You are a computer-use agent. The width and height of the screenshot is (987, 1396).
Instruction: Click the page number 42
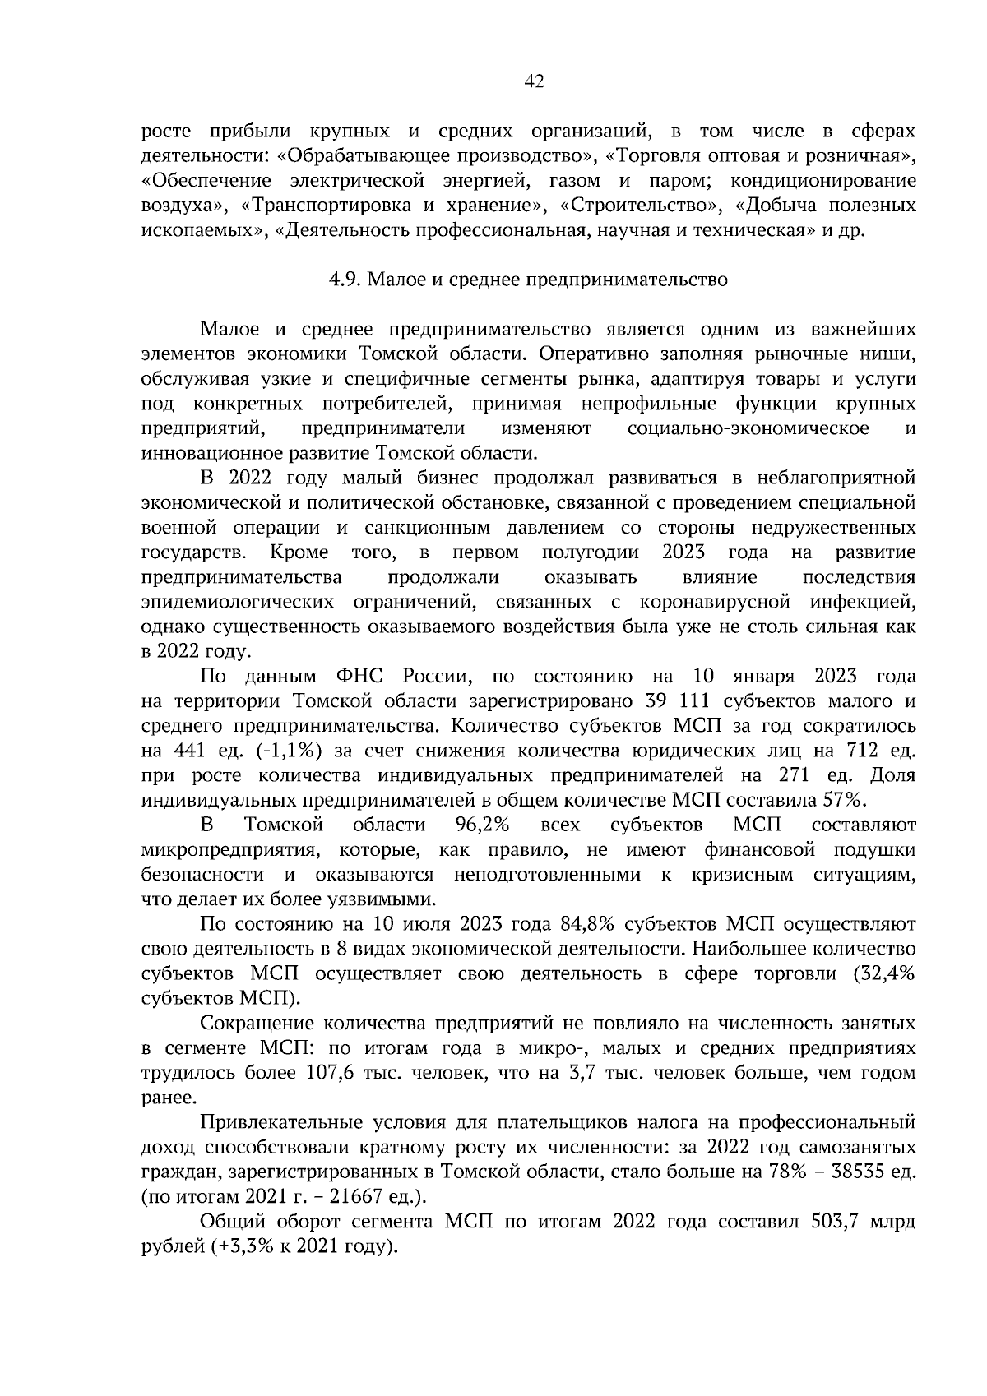534,81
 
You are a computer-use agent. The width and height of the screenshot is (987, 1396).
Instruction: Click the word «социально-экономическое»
748,428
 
